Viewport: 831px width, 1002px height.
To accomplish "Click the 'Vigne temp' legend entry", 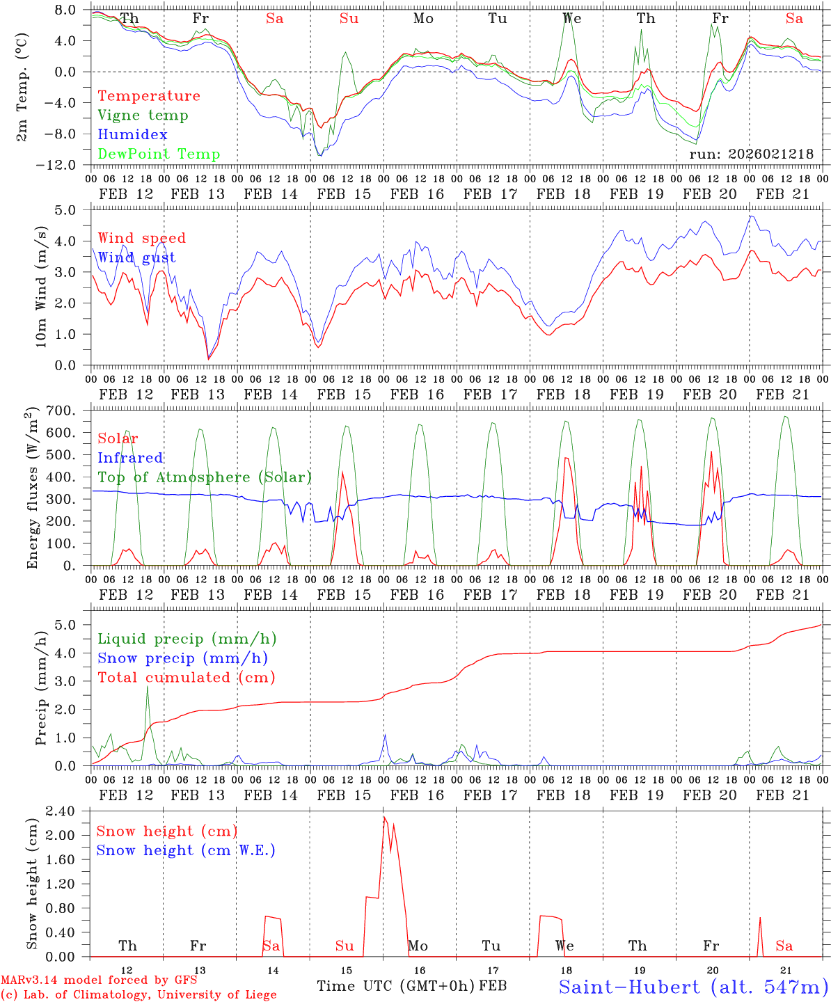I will tap(143, 116).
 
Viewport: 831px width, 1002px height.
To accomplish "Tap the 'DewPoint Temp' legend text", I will tap(159, 154).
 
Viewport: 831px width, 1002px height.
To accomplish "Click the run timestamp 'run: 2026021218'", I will tap(751, 154).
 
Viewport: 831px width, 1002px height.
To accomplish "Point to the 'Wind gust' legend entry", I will tap(136, 258).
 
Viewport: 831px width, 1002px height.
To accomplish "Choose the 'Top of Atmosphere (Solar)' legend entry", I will tap(205, 477).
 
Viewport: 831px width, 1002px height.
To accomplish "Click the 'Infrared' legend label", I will tap(130, 458).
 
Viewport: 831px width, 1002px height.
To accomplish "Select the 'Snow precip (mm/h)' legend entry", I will tap(182, 658).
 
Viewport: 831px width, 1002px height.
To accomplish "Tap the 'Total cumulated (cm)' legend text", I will tap(187, 678).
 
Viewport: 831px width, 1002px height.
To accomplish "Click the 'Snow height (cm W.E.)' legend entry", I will tap(186, 850).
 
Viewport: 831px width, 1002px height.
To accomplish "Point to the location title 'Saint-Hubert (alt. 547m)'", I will tap(693, 987).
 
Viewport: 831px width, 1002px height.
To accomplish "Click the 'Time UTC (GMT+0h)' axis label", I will tap(396, 986).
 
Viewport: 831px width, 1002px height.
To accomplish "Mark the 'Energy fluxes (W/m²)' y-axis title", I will tap(31, 490).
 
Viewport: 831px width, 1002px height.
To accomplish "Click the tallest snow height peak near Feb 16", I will tap(384, 817).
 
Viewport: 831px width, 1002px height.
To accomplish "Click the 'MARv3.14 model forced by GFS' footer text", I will tap(99, 980).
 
